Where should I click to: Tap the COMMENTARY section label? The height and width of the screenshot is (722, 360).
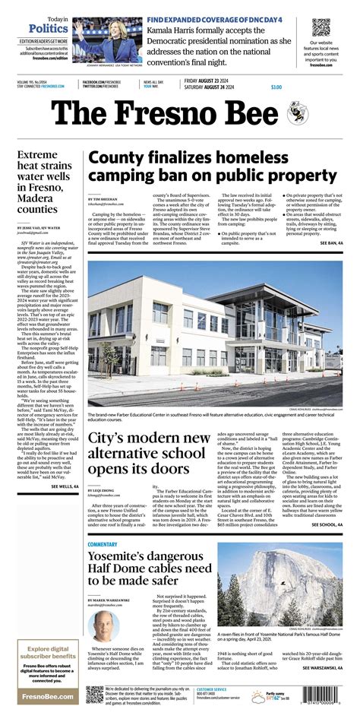103,544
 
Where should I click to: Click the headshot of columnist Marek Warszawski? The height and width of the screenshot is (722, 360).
103,625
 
